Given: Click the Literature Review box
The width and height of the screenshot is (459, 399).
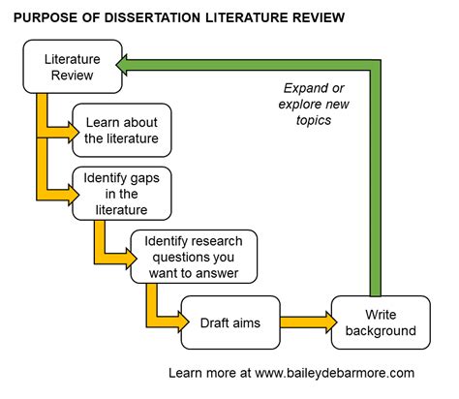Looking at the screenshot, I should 74,66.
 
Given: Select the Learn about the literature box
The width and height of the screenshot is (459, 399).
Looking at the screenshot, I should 122,130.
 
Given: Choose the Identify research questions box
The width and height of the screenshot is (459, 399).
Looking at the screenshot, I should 194,256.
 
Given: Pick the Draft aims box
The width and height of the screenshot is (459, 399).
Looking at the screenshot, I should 229,322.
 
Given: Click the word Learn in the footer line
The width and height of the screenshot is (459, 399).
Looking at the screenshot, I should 187,372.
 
